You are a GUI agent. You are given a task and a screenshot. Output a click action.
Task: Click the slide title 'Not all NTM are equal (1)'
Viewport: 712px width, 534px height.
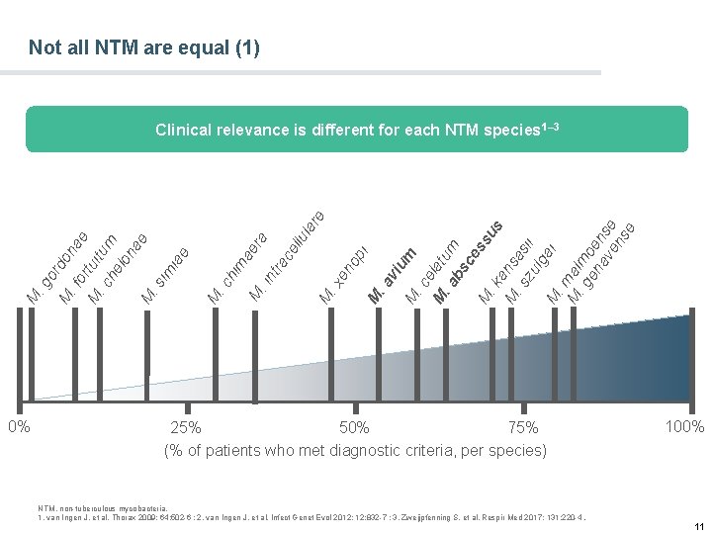[144, 46]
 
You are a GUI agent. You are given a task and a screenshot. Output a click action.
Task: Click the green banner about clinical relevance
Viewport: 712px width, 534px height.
[356, 130]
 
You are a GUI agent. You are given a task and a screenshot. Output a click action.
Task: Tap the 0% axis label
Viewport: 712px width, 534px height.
[19, 427]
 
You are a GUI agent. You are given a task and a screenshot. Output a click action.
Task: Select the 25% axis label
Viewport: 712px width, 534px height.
[186, 428]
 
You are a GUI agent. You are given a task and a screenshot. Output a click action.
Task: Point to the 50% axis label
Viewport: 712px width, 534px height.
[354, 428]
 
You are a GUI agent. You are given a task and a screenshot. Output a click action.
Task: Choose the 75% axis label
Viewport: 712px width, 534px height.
[523, 428]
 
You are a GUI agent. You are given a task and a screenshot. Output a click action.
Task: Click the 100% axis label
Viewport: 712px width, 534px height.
[684, 427]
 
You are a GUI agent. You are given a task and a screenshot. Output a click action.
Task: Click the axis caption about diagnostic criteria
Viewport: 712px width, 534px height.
[355, 451]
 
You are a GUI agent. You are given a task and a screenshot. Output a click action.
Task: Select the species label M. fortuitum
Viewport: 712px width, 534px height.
[89, 263]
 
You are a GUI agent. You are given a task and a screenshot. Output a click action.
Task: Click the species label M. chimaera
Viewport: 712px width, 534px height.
[237, 267]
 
